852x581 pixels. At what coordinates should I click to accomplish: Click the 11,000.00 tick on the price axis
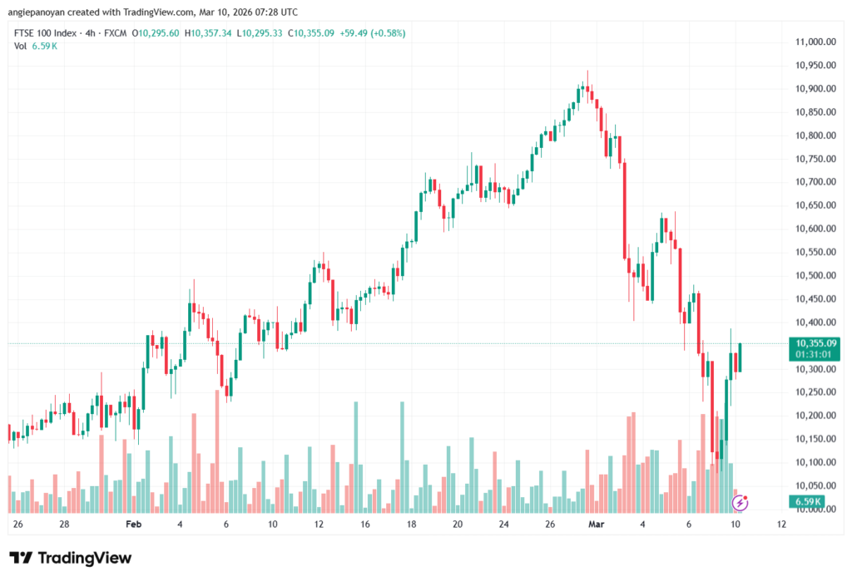pyautogui.click(x=815, y=42)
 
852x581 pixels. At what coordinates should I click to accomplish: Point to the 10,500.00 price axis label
pyautogui.click(x=815, y=275)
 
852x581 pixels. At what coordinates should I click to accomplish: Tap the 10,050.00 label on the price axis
pyautogui.click(x=815, y=485)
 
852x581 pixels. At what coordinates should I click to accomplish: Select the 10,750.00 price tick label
pyautogui.click(x=815, y=159)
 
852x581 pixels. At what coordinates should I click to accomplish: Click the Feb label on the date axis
pyautogui.click(x=134, y=525)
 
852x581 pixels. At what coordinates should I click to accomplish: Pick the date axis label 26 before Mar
pyautogui.click(x=550, y=525)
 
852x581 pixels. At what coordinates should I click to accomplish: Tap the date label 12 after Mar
pyautogui.click(x=781, y=525)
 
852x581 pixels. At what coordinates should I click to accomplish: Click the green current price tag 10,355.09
pyautogui.click(x=815, y=342)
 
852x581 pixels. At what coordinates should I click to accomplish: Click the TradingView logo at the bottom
pyautogui.click(x=70, y=558)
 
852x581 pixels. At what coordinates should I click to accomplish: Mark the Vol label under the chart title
pyautogui.click(x=21, y=47)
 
